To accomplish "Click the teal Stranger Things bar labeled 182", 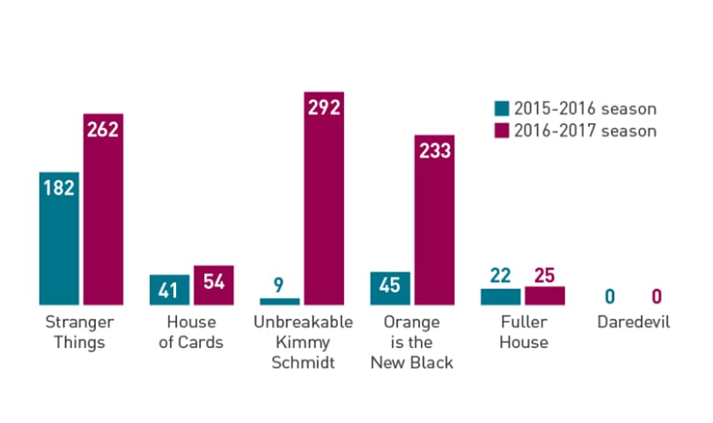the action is click(x=59, y=238).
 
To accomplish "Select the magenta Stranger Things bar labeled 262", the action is click(x=103, y=209).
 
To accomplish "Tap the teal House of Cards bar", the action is click(x=170, y=290).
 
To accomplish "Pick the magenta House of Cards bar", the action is click(x=214, y=285).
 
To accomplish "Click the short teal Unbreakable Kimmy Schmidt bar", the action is click(x=280, y=301).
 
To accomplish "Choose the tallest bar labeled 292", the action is click(x=324, y=198).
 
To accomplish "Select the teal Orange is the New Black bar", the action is click(x=390, y=288).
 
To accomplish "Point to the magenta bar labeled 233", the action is click(x=434, y=220).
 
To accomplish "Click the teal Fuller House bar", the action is click(x=501, y=297).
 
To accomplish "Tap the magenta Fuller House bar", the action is click(x=545, y=295).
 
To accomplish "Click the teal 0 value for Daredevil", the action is click(x=610, y=297).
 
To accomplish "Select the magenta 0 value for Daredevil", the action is click(x=657, y=297).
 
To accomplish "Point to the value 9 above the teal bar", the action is click(x=278, y=285).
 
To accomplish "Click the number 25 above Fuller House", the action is click(x=545, y=276).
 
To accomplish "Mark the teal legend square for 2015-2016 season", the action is click(x=502, y=108).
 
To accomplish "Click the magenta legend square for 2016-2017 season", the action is click(x=502, y=130).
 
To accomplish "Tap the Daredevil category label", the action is click(x=634, y=322).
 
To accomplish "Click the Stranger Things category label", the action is click(x=79, y=332).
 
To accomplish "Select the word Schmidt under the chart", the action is click(x=304, y=362).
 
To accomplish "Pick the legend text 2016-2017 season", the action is click(x=585, y=131).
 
